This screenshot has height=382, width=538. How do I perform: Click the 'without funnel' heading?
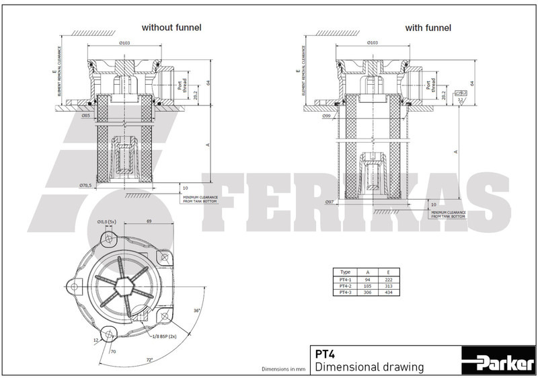click(x=171, y=28)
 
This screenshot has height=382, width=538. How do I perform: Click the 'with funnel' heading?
click(x=428, y=28)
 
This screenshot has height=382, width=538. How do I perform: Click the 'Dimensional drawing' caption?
click(x=369, y=367)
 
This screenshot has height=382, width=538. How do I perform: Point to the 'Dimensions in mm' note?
click(x=283, y=370)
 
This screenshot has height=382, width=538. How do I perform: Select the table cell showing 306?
click(x=367, y=293)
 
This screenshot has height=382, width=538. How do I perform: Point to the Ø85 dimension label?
click(x=85, y=116)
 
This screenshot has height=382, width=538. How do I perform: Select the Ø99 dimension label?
click(x=327, y=116)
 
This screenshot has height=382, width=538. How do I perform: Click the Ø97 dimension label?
click(x=330, y=202)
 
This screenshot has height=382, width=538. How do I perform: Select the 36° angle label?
click(x=197, y=310)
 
